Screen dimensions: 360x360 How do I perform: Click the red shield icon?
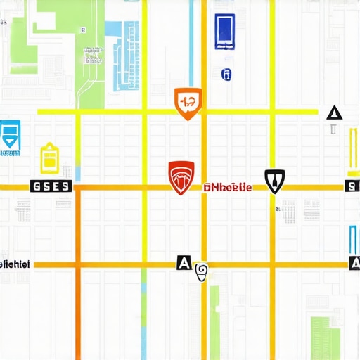[x=181, y=178]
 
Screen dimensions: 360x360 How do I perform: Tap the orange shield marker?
[x=188, y=103]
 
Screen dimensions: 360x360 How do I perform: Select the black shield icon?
[x=274, y=181]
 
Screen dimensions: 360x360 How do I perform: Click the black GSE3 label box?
[x=51, y=186]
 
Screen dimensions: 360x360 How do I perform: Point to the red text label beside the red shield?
[x=226, y=188]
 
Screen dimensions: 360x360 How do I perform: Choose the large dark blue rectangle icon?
[x=224, y=32]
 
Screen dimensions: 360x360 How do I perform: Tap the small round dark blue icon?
[x=226, y=74]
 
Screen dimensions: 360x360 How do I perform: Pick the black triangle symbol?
[x=334, y=112]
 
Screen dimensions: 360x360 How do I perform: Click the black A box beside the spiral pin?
[x=183, y=263]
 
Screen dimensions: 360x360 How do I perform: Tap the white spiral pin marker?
[x=201, y=271]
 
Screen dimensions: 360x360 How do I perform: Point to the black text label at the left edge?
[x=14, y=264]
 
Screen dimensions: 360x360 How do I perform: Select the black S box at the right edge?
[x=352, y=186]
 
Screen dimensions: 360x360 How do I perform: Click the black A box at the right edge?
[x=354, y=264]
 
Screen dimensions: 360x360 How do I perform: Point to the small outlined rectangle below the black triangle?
[x=335, y=130]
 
